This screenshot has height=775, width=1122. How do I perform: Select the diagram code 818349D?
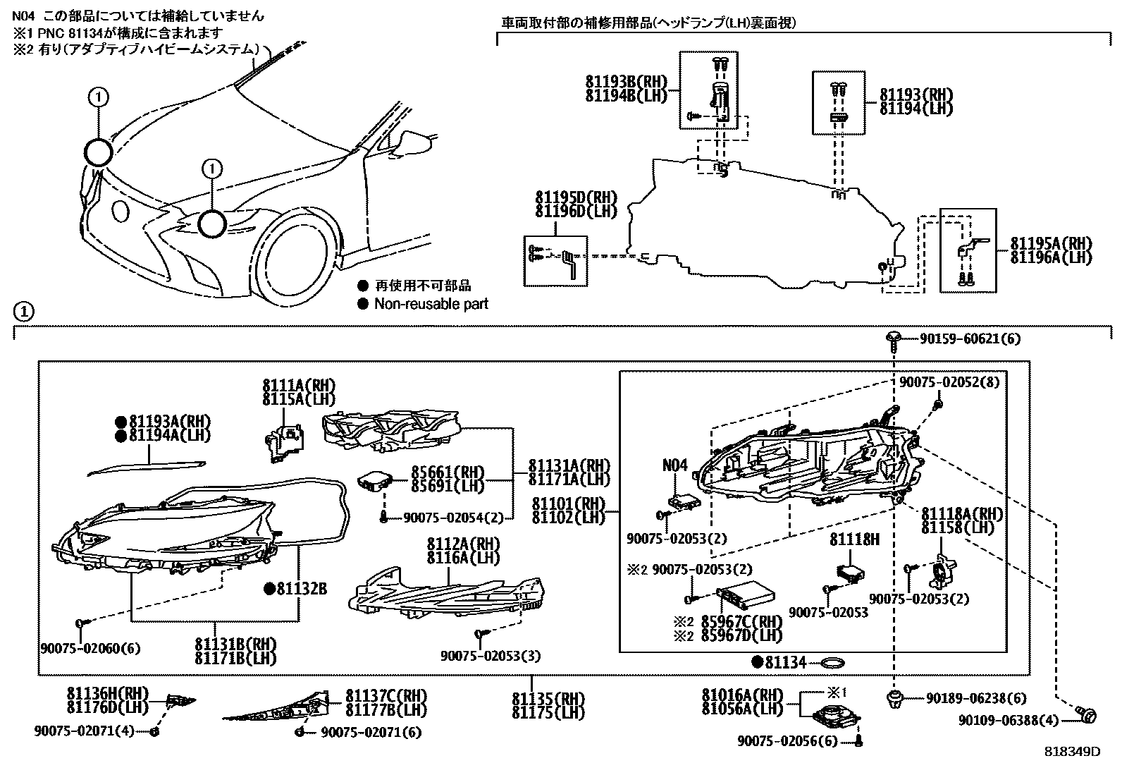(x=1072, y=752)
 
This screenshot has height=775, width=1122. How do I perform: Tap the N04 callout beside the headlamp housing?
(x=674, y=465)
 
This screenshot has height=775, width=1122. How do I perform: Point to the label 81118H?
(x=854, y=539)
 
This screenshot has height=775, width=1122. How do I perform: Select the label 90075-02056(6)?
(x=789, y=740)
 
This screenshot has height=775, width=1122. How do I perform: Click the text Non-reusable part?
(x=431, y=304)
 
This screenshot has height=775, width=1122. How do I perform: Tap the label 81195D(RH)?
(x=575, y=199)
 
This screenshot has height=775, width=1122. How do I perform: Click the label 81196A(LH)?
(x=1051, y=258)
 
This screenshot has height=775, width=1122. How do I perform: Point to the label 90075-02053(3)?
(x=490, y=656)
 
